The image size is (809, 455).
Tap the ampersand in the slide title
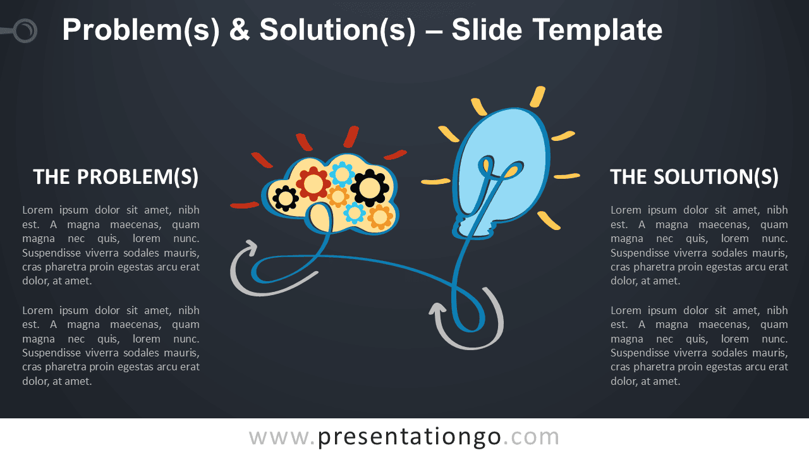240,30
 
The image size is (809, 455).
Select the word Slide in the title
487,30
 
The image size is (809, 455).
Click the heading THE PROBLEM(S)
116,177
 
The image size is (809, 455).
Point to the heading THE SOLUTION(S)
694,177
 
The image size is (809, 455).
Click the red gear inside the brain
313,183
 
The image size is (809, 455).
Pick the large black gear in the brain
370,188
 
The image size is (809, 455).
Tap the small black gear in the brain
285,198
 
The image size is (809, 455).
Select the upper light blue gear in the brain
342,174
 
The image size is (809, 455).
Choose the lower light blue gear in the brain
355,213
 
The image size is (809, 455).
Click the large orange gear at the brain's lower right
380,217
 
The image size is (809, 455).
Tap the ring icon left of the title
25,31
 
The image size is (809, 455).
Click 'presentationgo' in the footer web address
410,437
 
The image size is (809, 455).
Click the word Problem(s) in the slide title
141,31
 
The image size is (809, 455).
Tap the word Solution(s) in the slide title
338,31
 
